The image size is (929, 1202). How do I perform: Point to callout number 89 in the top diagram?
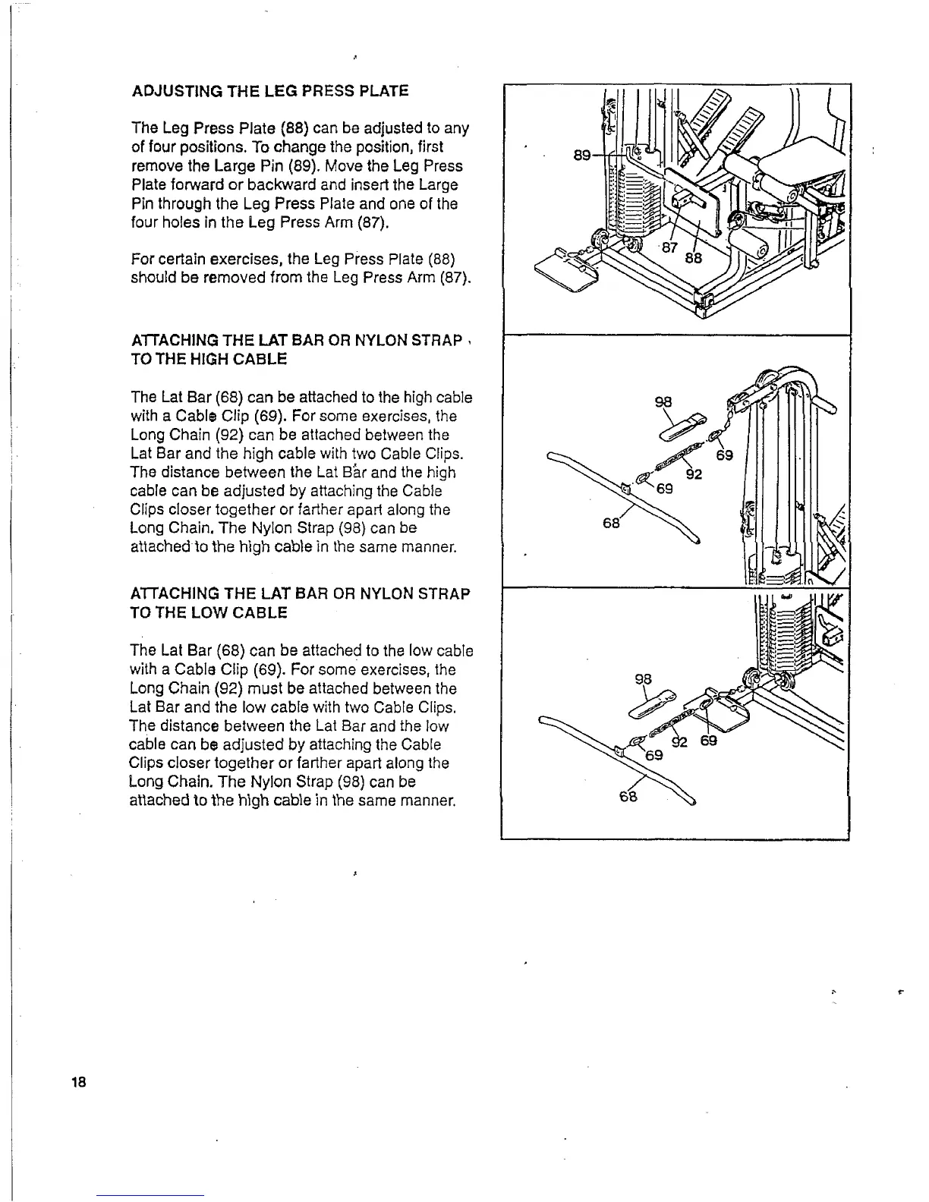[582, 155]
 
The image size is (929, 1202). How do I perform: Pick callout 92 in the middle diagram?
[694, 476]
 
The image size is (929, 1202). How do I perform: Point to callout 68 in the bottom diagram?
[628, 796]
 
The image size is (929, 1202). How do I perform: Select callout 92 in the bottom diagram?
[679, 741]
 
